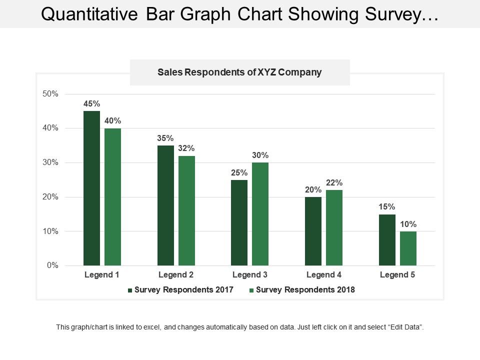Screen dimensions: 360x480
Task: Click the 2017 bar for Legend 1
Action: point(91,188)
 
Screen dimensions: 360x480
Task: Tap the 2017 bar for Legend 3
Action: point(239,222)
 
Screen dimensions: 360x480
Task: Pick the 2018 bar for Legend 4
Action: point(334,227)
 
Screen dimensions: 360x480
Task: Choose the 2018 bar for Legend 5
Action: point(408,248)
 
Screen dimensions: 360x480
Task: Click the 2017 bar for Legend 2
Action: point(165,205)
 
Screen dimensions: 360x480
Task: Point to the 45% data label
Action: point(91,104)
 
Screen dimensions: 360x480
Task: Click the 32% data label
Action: point(186,148)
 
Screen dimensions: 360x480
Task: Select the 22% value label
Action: point(334,183)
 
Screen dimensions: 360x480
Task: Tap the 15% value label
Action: point(387,207)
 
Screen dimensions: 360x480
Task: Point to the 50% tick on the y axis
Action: point(49,94)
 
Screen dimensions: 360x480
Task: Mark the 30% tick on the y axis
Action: point(49,162)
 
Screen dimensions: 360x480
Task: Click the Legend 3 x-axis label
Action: point(249,275)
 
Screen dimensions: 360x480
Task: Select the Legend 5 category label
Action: point(397,275)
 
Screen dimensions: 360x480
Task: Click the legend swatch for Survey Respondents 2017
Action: point(130,290)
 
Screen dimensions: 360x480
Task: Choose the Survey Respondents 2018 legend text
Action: point(305,290)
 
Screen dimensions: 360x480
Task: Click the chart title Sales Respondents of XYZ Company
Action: point(239,72)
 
